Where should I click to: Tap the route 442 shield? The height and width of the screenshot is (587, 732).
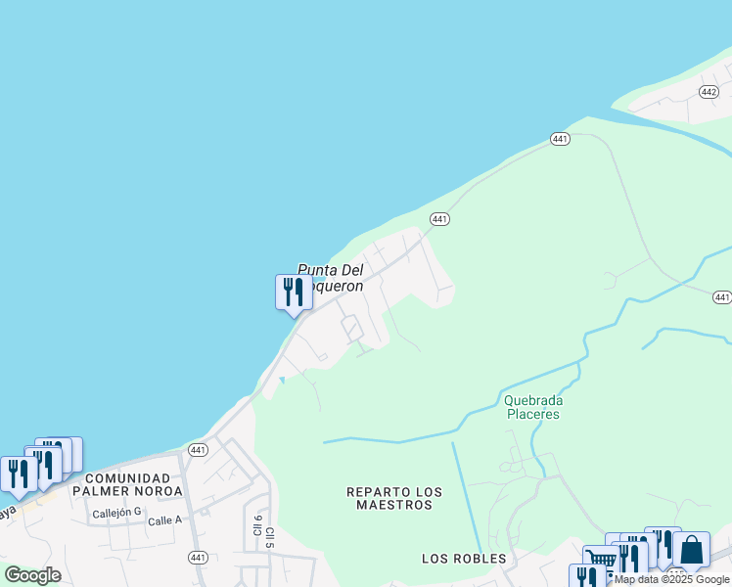click(x=709, y=91)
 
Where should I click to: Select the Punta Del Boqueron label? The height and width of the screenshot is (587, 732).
click(x=330, y=278)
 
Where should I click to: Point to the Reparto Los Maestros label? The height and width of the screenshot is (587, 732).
click(x=393, y=498)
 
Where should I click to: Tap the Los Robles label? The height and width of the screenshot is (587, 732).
click(x=464, y=559)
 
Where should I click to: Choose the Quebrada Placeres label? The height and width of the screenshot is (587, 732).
click(x=532, y=406)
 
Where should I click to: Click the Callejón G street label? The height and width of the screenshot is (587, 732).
click(x=117, y=513)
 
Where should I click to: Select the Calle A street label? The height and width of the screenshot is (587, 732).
click(x=164, y=520)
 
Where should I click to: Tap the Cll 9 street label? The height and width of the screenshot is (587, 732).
click(x=257, y=525)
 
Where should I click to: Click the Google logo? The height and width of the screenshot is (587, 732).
click(x=32, y=574)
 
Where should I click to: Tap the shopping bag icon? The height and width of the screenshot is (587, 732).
click(x=691, y=550)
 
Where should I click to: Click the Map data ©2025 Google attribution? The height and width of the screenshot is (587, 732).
click(x=671, y=579)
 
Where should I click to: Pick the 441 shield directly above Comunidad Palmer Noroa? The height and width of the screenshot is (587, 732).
click(x=199, y=450)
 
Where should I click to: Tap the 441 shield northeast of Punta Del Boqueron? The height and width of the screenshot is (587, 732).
click(x=439, y=219)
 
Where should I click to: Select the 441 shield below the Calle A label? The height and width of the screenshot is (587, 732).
click(x=198, y=557)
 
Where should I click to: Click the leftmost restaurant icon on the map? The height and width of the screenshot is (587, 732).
click(x=18, y=474)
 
